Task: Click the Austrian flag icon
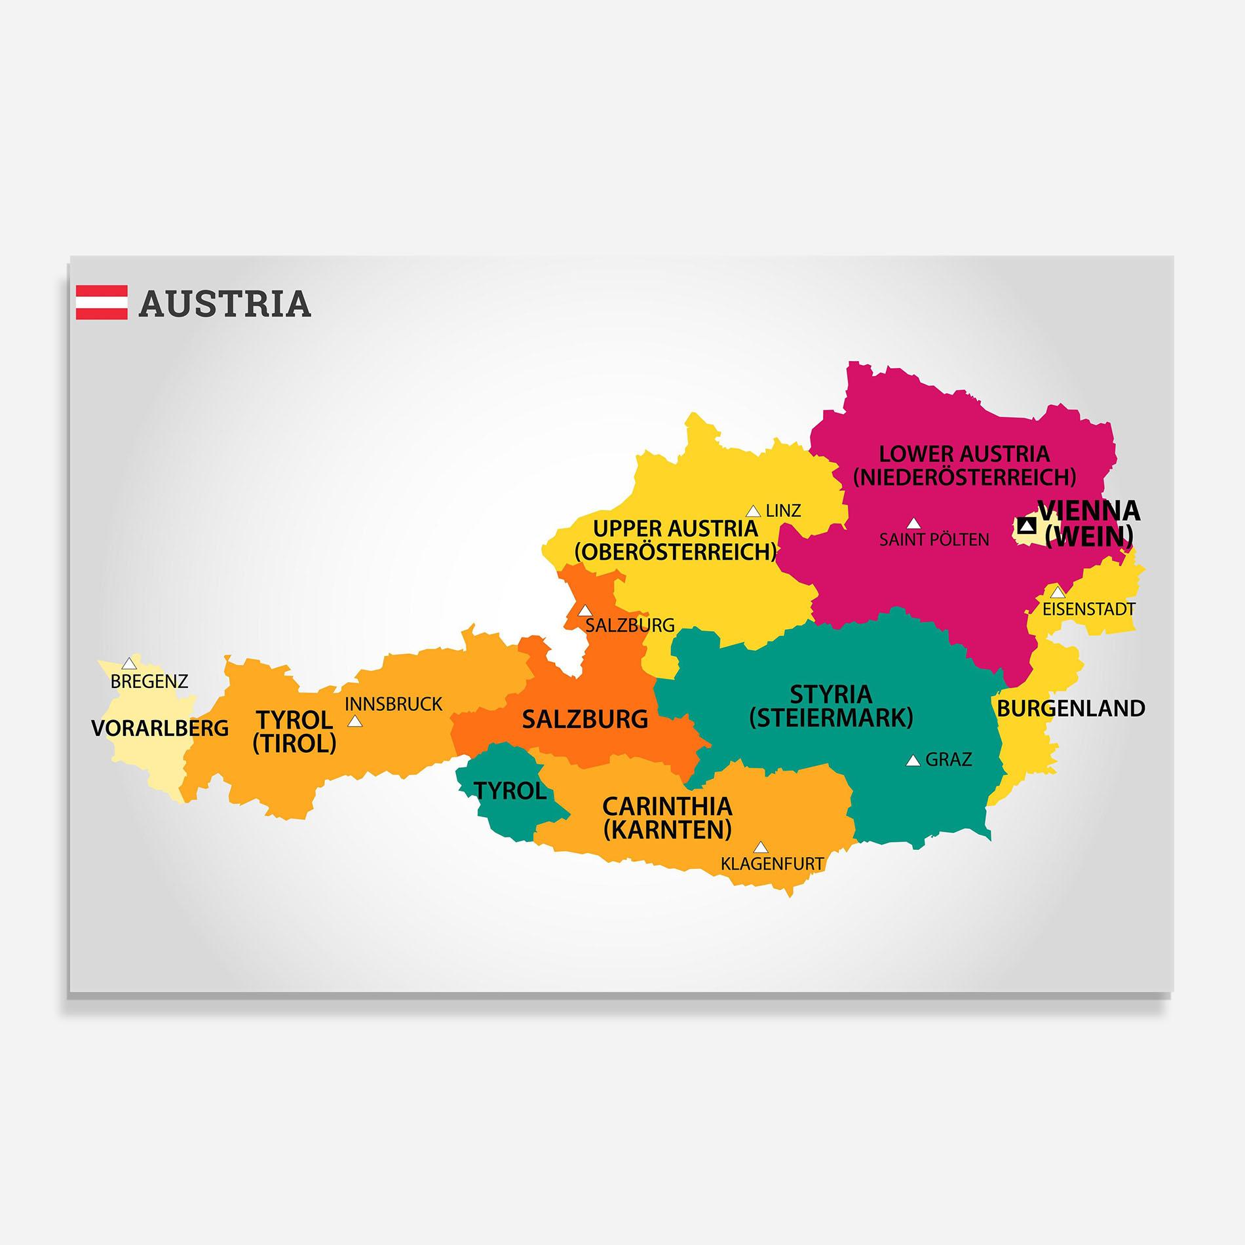pyautogui.click(x=102, y=302)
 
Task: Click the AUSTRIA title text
pyautogui.click(x=225, y=303)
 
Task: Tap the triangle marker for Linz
pyautogui.click(x=754, y=511)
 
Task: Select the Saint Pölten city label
pyautogui.click(x=934, y=540)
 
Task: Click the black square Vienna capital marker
pyautogui.click(x=1027, y=525)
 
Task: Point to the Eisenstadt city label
pyautogui.click(x=1088, y=609)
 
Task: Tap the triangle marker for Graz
pyautogui.click(x=913, y=761)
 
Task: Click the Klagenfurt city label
pyautogui.click(x=772, y=864)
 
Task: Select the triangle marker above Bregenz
pyautogui.click(x=130, y=663)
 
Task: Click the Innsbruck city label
pyautogui.click(x=394, y=704)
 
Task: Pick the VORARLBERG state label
pyautogui.click(x=160, y=728)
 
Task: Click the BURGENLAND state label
pyautogui.click(x=1071, y=708)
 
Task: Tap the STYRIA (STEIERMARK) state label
pyautogui.click(x=831, y=706)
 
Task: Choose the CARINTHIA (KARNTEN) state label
pyautogui.click(x=667, y=818)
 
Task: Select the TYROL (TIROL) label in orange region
pyautogui.click(x=294, y=731)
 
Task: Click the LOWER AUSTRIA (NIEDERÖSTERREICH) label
pyautogui.click(x=964, y=465)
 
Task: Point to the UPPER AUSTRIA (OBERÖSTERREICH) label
pyautogui.click(x=676, y=540)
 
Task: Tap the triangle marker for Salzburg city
pyautogui.click(x=584, y=611)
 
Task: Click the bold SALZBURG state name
pyautogui.click(x=584, y=719)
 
